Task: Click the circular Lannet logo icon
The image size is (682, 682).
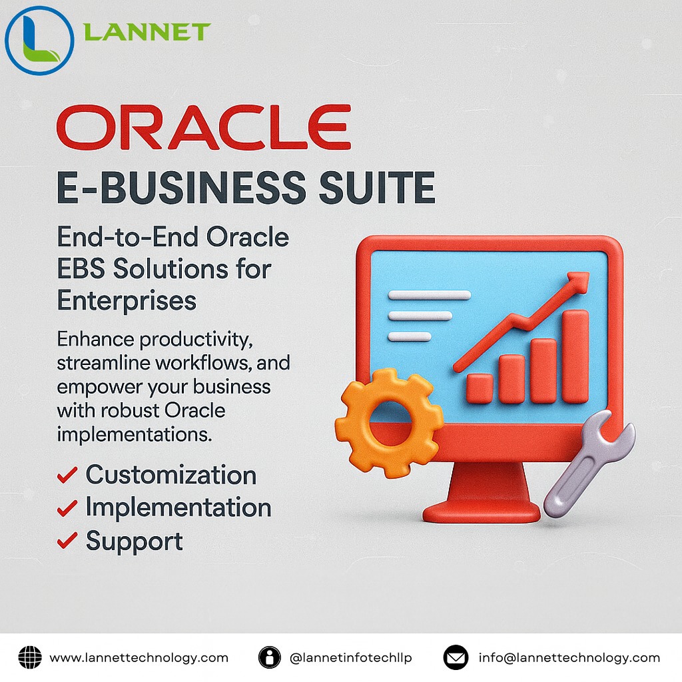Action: click(x=39, y=40)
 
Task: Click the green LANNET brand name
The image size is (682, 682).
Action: click(x=147, y=31)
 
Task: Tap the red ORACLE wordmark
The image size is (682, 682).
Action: click(x=203, y=128)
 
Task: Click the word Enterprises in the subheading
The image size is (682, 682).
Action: click(x=127, y=300)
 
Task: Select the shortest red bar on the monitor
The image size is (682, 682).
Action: click(x=480, y=388)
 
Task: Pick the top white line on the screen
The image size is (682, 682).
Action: click(x=429, y=295)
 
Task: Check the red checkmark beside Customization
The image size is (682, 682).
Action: click(x=67, y=476)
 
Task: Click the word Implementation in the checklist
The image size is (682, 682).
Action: click(x=178, y=508)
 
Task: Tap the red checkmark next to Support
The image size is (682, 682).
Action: click(x=67, y=541)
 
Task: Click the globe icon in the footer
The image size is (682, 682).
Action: click(x=30, y=658)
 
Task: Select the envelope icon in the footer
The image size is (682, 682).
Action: click(x=456, y=658)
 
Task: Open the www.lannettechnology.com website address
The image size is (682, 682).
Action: click(x=139, y=658)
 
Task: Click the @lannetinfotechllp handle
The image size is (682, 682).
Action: click(x=351, y=658)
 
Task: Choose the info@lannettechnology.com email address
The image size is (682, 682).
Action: click(x=569, y=658)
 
